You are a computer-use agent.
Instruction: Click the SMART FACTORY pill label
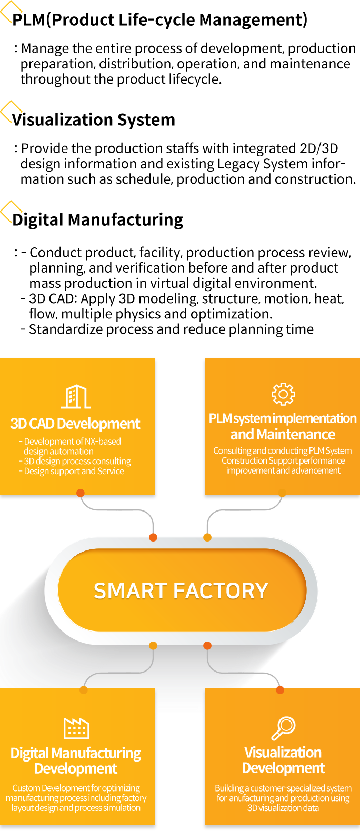181,590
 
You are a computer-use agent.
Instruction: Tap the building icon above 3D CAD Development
76,397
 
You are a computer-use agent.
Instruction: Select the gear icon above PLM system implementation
283,394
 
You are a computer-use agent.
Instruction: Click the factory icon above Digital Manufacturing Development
76,728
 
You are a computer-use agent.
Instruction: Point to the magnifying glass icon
283,728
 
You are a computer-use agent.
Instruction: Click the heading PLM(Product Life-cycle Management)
160,19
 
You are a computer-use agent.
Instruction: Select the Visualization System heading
94,119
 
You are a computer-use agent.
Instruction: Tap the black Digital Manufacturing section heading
97,219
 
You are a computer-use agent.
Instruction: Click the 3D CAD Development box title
75,424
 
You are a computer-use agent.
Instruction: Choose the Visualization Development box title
283,760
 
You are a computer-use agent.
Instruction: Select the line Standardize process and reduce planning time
171,329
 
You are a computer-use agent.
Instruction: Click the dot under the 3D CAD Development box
80,493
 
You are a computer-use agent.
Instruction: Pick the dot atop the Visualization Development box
280,690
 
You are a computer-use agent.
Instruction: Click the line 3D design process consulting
77,461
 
